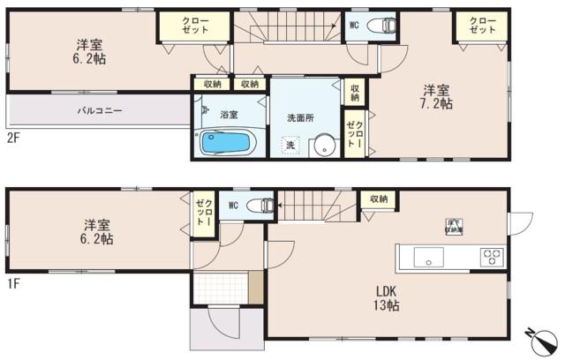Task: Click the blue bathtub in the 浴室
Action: point(227,143)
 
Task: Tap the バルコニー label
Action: point(98,111)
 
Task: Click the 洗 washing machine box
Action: point(289,145)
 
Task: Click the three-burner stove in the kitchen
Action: point(491,258)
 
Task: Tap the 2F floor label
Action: point(13,139)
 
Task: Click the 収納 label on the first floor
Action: point(379,200)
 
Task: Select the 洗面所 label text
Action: point(301,117)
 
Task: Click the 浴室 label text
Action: point(230,114)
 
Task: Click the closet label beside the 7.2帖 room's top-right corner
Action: point(482,25)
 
